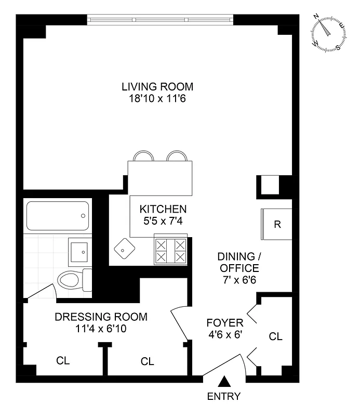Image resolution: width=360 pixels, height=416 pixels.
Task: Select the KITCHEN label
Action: click(163, 209)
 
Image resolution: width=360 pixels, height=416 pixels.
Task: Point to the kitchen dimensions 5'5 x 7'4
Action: click(163, 220)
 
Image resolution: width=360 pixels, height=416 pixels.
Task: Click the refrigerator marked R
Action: click(277, 225)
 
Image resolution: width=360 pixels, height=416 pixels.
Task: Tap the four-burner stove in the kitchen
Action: click(170, 251)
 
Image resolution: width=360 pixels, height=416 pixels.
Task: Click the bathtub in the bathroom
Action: click(57, 215)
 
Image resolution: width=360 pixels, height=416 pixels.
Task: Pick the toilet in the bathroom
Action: click(73, 280)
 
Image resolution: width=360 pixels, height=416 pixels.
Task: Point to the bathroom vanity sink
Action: click(81, 251)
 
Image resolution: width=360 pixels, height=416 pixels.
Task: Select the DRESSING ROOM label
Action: click(101, 317)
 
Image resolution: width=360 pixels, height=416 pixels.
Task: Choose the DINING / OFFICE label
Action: click(238, 263)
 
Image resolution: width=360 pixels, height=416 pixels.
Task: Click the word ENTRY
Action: click(224, 397)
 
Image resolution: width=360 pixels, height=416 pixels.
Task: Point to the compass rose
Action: click(329, 32)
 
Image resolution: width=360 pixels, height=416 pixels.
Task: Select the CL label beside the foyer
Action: click(275, 336)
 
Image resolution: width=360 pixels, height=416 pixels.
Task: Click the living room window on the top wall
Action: click(161, 20)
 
